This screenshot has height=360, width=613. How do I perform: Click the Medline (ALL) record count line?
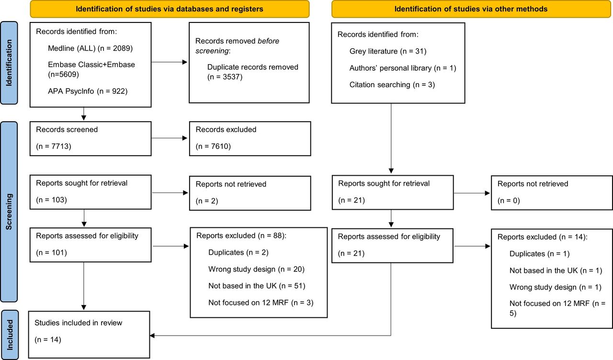click(x=91, y=48)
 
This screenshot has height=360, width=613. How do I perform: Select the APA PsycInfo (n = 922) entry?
click(x=88, y=91)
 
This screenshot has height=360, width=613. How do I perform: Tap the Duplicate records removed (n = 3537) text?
click(x=252, y=72)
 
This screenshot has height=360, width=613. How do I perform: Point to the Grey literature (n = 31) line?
click(x=388, y=51)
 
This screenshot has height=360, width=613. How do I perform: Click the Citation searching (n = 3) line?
click(x=392, y=85)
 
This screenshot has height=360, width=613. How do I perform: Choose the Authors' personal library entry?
click(x=403, y=68)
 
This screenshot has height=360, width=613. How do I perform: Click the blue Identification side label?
click(x=9, y=63)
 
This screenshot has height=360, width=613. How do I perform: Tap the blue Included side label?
click(x=10, y=335)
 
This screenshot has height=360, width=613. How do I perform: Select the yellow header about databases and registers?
click(x=170, y=9)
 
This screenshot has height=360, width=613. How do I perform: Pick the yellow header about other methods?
click(x=471, y=9)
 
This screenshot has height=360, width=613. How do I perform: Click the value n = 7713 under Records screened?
click(x=54, y=146)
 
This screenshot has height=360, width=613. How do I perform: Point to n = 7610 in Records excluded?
click(x=213, y=146)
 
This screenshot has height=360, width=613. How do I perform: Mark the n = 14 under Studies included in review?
click(x=48, y=340)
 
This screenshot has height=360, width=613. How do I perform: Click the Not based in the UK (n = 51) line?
click(x=257, y=286)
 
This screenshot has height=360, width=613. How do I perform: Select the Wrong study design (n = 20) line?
click(x=256, y=269)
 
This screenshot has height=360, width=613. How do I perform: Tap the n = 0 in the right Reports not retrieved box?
click(x=509, y=201)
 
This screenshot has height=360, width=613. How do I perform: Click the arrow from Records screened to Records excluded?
click(x=170, y=138)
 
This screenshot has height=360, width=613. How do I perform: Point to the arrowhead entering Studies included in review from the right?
click(x=152, y=336)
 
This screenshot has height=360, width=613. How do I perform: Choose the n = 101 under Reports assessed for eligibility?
click(x=51, y=252)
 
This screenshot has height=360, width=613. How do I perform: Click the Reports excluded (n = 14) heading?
click(x=543, y=237)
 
